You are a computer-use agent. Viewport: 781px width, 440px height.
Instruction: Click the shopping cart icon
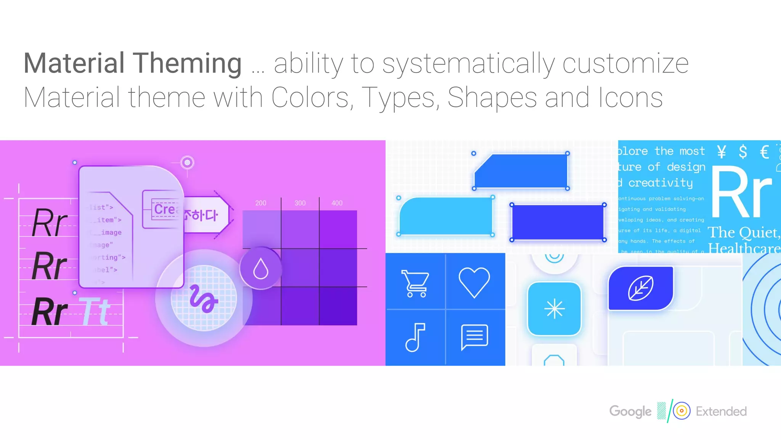pyautogui.click(x=415, y=283)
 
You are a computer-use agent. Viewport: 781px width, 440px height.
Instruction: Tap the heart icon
pyautogui.click(x=474, y=282)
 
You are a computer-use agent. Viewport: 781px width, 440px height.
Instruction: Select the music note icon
pyautogui.click(x=415, y=337)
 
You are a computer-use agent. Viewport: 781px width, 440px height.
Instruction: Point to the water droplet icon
pyautogui.click(x=261, y=269)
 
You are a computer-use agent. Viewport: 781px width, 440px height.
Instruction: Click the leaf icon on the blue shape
pyautogui.click(x=641, y=288)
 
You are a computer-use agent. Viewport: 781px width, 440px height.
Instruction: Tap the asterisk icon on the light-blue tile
pyautogui.click(x=554, y=309)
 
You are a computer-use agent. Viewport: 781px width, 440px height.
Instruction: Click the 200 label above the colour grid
pyautogui.click(x=261, y=203)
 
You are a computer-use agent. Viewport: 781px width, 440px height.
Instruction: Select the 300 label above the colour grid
pyautogui.click(x=300, y=203)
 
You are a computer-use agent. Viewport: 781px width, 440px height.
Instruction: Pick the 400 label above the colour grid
pyautogui.click(x=337, y=203)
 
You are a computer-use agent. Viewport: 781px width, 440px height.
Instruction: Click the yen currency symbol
pyautogui.click(x=721, y=152)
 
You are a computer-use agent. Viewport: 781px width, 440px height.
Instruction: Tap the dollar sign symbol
pyautogui.click(x=742, y=152)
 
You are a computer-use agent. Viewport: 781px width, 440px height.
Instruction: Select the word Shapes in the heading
pyautogui.click(x=492, y=98)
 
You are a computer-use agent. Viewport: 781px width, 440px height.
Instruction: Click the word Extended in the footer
pyautogui.click(x=721, y=411)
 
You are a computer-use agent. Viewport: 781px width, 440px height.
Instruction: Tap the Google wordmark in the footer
pyautogui.click(x=630, y=411)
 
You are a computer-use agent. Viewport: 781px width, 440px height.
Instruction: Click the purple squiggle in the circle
pyautogui.click(x=204, y=299)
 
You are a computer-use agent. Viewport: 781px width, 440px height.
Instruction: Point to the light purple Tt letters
pyautogui.click(x=95, y=312)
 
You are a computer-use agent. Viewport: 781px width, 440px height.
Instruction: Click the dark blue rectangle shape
pyautogui.click(x=558, y=222)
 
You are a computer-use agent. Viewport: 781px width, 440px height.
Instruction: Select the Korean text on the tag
pyautogui.click(x=201, y=215)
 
